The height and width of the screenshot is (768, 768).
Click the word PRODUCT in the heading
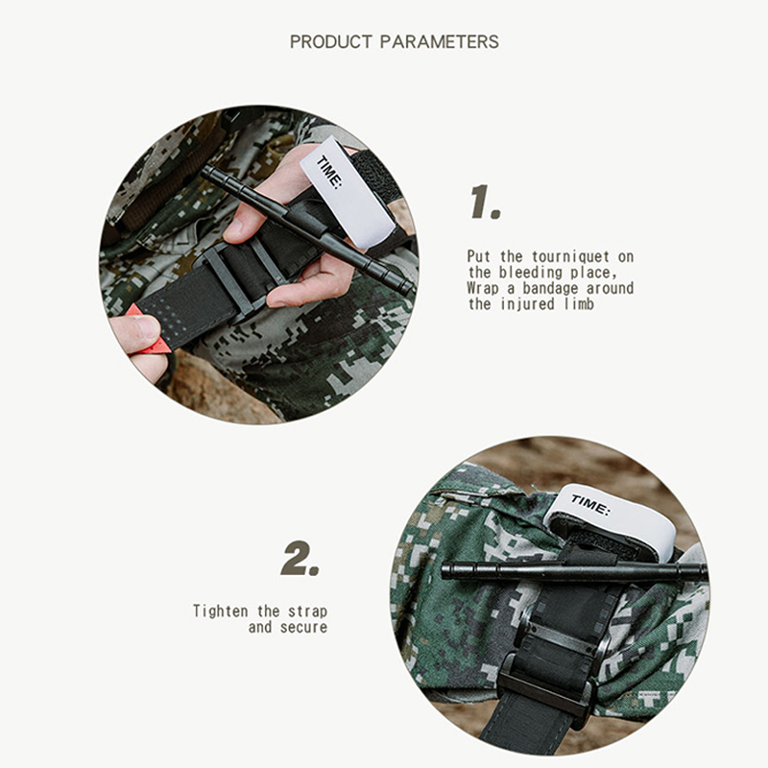[330, 41]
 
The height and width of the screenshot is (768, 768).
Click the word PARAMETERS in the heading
[440, 41]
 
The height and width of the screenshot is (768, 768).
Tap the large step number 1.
[485, 202]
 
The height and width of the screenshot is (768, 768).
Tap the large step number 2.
[300, 558]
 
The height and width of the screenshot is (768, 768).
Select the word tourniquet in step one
[570, 256]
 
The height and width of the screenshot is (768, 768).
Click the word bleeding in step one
[531, 273]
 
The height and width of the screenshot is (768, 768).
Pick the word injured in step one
[528, 304]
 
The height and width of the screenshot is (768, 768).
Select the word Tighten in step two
[221, 612]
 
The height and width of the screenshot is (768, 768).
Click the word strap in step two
[307, 612]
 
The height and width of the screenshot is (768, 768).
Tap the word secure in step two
[303, 628]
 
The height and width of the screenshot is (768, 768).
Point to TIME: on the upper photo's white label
[329, 171]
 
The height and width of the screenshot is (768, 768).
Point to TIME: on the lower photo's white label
[590, 505]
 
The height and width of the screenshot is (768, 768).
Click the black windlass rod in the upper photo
[308, 229]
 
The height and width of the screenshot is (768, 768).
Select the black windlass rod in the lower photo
[574, 571]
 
